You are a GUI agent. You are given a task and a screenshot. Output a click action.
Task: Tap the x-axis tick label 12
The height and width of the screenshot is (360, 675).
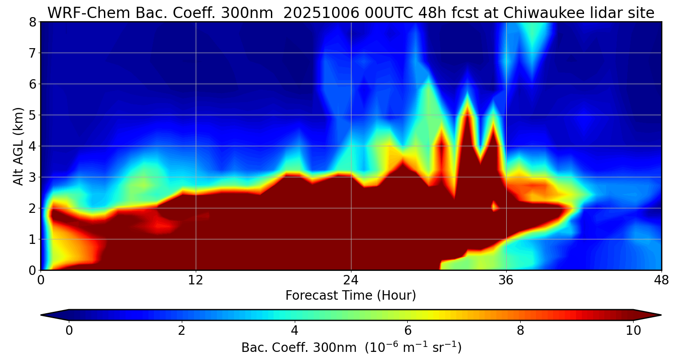pyautogui.click(x=196, y=279)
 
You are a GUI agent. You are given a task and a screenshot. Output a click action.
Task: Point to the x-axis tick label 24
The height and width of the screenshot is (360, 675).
pyautogui.click(x=351, y=279)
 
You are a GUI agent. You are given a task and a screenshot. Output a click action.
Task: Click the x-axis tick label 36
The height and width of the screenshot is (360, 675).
pyautogui.click(x=506, y=279)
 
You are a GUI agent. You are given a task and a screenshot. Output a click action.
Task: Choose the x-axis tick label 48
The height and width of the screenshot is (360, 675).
pyautogui.click(x=661, y=279)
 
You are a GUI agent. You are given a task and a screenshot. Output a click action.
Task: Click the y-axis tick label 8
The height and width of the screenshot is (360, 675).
pyautogui.click(x=32, y=22)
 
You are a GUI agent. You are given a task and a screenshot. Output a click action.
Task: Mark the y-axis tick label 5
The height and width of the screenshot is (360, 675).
pyautogui.click(x=32, y=115)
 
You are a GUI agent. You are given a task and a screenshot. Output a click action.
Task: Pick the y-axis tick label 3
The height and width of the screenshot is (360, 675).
pyautogui.click(x=32, y=177)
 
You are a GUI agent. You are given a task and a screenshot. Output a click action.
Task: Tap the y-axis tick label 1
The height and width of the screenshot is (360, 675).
pyautogui.click(x=32, y=239)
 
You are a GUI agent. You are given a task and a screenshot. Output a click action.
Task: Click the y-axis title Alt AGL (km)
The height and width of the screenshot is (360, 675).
pyautogui.click(x=18, y=146)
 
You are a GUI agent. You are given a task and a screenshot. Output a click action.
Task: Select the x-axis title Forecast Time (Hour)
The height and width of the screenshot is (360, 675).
pyautogui.click(x=351, y=296)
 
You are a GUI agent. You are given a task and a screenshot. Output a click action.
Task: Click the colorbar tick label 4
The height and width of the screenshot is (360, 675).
pyautogui.click(x=294, y=331)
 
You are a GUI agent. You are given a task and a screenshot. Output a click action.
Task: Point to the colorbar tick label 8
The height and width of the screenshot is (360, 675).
pyautogui.click(x=520, y=331)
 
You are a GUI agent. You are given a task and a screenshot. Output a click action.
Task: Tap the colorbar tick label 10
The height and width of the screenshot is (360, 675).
pyautogui.click(x=633, y=331)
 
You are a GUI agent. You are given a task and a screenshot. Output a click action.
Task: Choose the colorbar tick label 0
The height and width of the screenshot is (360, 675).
pyautogui.click(x=69, y=331)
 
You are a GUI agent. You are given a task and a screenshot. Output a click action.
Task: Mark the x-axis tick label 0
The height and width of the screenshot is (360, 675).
pyautogui.click(x=41, y=279)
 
